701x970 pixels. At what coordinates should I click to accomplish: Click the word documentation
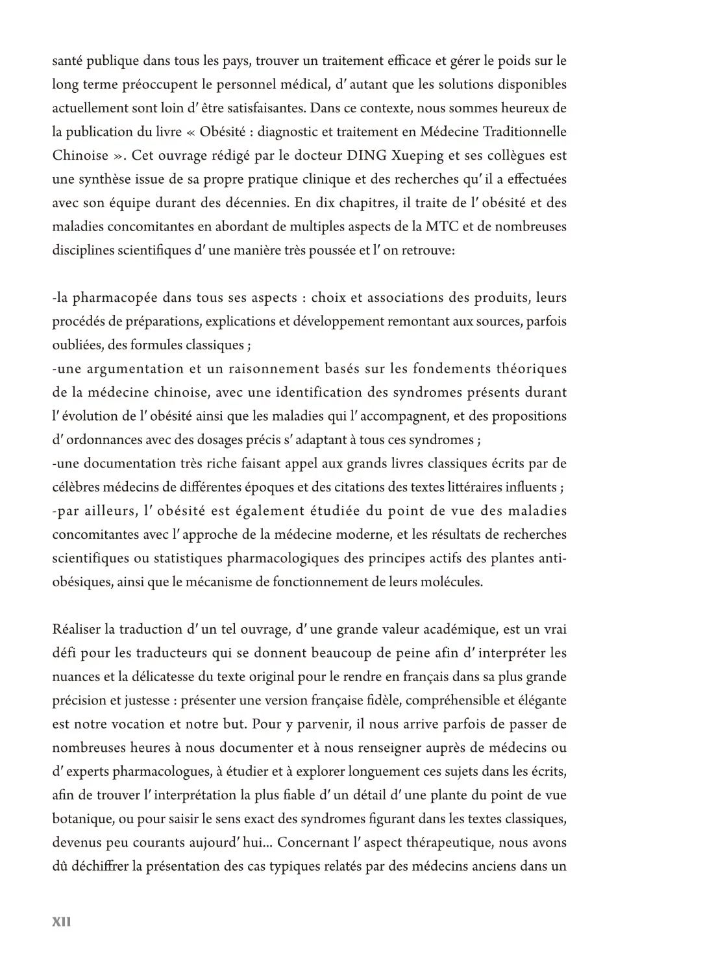point(123,464)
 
